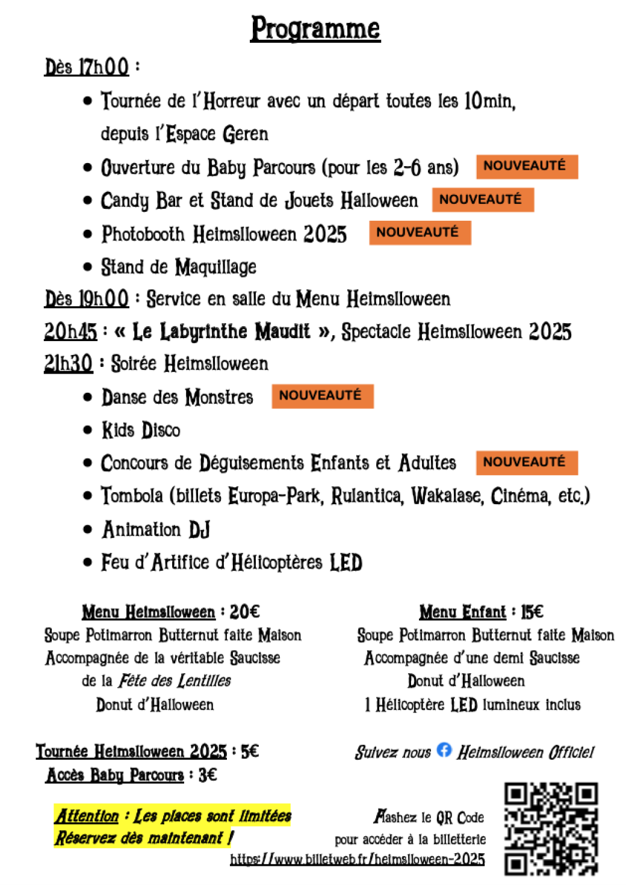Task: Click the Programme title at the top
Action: [x=315, y=28]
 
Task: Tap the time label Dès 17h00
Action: [x=87, y=66]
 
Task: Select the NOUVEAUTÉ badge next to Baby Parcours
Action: [x=527, y=166]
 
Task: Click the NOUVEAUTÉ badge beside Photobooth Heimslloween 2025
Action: [x=420, y=232]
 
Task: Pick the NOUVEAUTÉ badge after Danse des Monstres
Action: [x=322, y=396]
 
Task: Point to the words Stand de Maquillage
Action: [x=178, y=267]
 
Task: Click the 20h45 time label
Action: [x=70, y=331]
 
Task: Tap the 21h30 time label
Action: [x=68, y=363]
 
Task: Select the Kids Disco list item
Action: [x=140, y=430]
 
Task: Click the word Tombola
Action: [x=131, y=496]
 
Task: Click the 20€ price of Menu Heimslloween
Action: [x=244, y=612]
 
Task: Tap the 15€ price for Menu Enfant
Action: [x=532, y=612]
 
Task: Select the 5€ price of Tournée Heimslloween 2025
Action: [x=250, y=751]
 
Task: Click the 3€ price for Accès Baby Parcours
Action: [x=208, y=775]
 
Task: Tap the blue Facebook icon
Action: [x=444, y=750]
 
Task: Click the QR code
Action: [x=551, y=828]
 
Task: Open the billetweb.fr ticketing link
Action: [x=357, y=859]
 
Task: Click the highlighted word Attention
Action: [x=87, y=816]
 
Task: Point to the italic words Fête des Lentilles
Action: [x=175, y=680]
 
